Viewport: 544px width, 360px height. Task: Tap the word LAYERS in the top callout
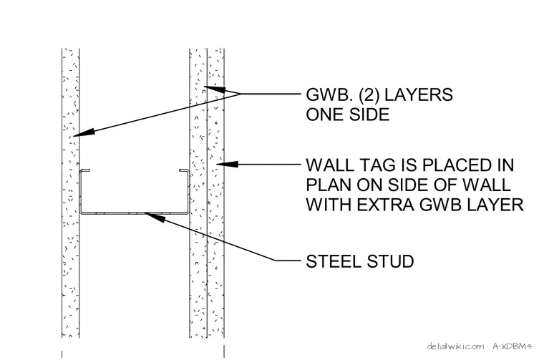click(419, 94)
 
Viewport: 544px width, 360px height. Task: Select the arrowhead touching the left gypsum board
click(83, 133)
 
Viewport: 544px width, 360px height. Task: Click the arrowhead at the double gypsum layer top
click(215, 89)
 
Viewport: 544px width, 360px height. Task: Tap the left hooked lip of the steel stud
click(85, 170)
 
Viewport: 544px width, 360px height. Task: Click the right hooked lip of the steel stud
click(184, 170)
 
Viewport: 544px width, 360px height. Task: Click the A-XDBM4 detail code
click(512, 346)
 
